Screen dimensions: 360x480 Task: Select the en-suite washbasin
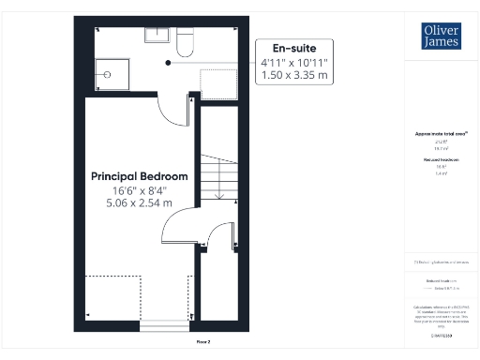(x=157, y=36)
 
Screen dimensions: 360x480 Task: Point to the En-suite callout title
(x=294, y=48)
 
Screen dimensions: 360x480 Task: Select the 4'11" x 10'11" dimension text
(x=295, y=63)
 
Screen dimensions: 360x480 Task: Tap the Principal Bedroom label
(x=139, y=176)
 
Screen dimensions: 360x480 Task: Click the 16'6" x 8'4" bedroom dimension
(x=139, y=190)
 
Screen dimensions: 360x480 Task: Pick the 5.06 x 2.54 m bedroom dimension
(x=139, y=202)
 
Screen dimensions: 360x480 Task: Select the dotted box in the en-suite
(x=220, y=82)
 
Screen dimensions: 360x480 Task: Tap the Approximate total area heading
(x=441, y=133)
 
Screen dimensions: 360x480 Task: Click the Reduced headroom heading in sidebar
(x=441, y=160)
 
